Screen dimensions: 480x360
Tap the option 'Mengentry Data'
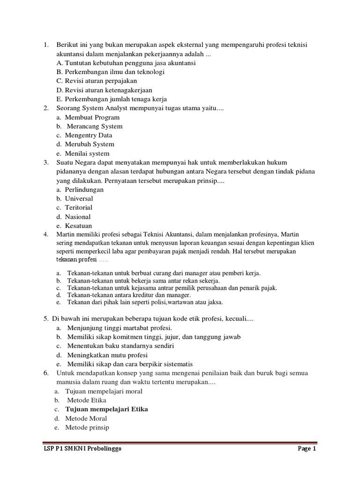pyautogui.click(x=89, y=135)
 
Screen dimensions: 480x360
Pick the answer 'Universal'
pyautogui.click(x=79, y=199)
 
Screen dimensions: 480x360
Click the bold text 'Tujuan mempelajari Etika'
pyautogui.click(x=106, y=409)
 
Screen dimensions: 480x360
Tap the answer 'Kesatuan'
pyautogui.click(x=78, y=226)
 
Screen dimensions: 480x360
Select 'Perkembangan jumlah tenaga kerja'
pyautogui.click(x=111, y=99)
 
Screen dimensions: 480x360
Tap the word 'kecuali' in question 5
pyautogui.click(x=239, y=319)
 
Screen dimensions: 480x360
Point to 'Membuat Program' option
pyautogui.click(x=92, y=117)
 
